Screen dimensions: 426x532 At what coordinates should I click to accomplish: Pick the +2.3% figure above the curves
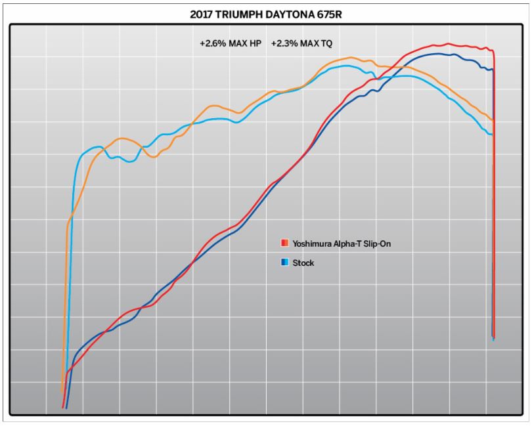click(285, 44)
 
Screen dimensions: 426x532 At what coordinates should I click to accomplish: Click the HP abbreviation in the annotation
click(255, 44)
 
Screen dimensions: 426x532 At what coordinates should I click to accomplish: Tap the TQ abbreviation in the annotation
click(326, 44)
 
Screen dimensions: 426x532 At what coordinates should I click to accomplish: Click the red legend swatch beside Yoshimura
click(284, 244)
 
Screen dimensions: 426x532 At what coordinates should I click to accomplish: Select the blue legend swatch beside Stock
click(284, 263)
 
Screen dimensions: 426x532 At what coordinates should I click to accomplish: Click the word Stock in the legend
click(303, 263)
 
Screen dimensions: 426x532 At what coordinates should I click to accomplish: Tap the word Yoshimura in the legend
click(312, 244)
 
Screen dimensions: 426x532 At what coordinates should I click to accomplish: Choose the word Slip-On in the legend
click(378, 244)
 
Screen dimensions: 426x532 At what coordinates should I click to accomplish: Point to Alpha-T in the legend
click(348, 244)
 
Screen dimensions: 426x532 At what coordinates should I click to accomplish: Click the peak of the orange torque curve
click(351, 58)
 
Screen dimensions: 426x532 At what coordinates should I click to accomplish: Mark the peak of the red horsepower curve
click(448, 44)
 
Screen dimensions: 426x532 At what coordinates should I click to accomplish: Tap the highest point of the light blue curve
click(347, 65)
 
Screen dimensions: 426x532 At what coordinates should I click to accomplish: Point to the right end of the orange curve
click(492, 120)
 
